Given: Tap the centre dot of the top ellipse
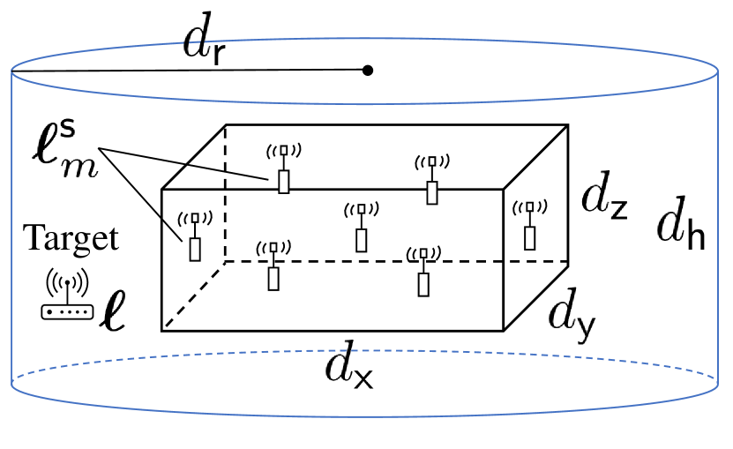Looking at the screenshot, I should pos(368,70).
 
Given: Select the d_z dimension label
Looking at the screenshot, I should pos(602,201).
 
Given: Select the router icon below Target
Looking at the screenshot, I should pos(66,296).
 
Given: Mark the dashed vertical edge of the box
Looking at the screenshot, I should pos(226,194).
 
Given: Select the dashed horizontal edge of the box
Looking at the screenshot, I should pos(397,261).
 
